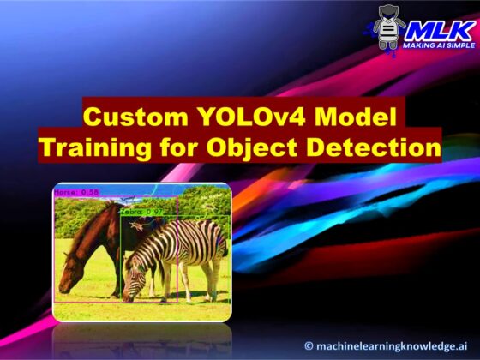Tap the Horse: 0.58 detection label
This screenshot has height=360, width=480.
pos(73,194)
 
